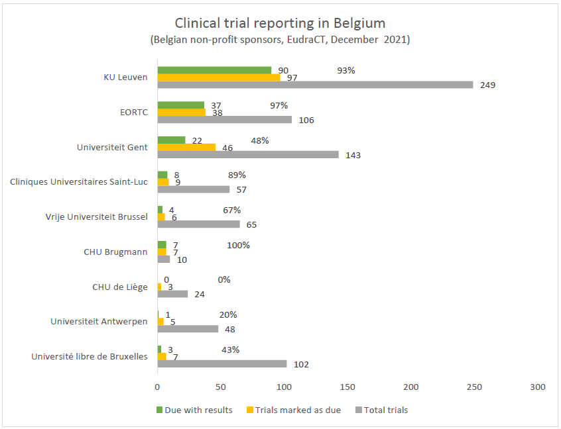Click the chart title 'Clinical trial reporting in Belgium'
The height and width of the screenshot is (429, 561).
pos(280,23)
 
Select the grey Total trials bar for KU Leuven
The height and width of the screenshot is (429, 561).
pos(315,85)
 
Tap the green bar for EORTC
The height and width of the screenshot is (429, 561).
pos(181,105)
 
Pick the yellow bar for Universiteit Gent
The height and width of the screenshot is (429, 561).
pos(186,147)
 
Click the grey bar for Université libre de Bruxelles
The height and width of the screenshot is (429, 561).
pos(222,363)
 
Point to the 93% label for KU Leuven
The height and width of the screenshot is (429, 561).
pos(346,70)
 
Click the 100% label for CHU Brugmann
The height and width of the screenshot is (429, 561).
pos(239,245)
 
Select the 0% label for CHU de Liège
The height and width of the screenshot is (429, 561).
pos(224,279)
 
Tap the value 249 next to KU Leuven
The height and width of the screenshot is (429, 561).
pos(487,85)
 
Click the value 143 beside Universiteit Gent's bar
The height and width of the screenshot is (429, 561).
pos(353,155)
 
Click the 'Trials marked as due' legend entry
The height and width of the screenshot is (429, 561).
pos(297,410)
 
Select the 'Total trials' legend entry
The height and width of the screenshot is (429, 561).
pos(385,410)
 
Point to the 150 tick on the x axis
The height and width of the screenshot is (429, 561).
pos(347,387)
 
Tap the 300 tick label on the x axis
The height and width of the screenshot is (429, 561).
pos(538,387)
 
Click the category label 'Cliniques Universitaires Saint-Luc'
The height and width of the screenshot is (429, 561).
pos(79,181)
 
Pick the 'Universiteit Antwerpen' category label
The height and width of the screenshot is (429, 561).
pos(99,321)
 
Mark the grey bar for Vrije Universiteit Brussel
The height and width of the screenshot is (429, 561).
pos(199,224)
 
